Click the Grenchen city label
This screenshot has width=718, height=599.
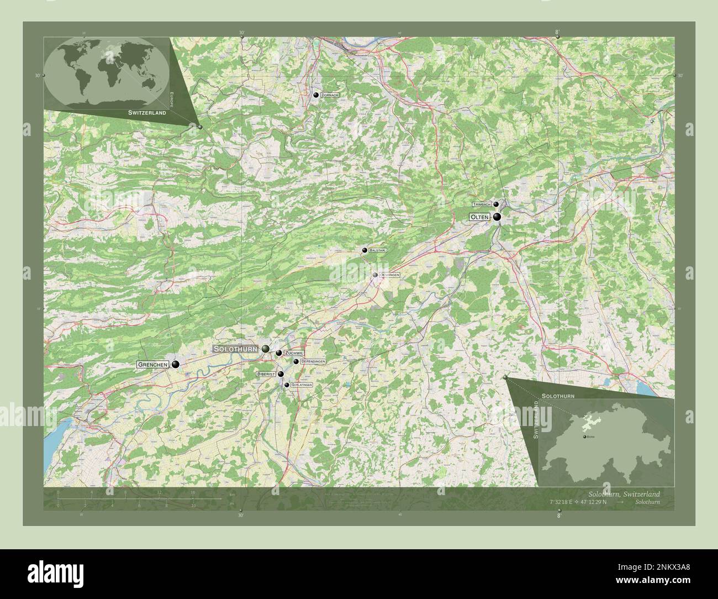point(152,365)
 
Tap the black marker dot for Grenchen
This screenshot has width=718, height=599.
point(176,364)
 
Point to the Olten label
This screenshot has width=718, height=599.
point(479,217)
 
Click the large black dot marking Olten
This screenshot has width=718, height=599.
point(497,217)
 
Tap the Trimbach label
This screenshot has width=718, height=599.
point(482,204)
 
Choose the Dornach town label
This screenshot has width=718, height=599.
point(330,95)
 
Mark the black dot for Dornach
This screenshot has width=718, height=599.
point(316,95)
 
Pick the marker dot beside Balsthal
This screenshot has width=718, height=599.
point(365,250)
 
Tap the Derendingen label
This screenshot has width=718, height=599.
point(313,361)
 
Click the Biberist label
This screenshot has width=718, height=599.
point(266,374)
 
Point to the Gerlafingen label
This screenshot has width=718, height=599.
point(302,385)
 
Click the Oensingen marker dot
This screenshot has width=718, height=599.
point(375,275)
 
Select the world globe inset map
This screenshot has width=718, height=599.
point(108,72)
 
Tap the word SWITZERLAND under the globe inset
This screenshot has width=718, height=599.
point(147,112)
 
